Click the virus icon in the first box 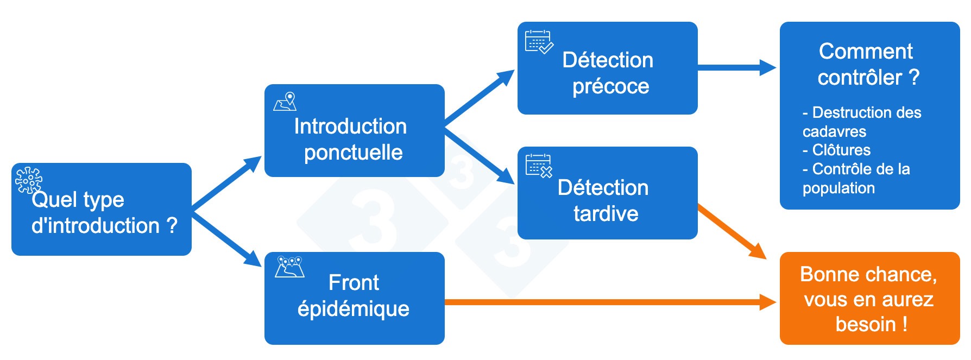click(28, 180)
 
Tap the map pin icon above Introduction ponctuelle click(286, 102)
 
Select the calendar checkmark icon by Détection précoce click(539, 42)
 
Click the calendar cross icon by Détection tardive click(539, 166)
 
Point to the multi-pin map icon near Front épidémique click(289, 267)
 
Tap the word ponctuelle click(353, 153)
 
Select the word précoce click(610, 86)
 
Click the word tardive click(606, 213)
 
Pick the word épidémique click(353, 309)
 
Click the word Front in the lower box click(354, 283)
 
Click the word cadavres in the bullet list click(834, 131)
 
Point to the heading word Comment click(866, 52)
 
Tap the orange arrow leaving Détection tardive click(730, 231)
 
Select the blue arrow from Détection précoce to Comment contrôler click(736, 67)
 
